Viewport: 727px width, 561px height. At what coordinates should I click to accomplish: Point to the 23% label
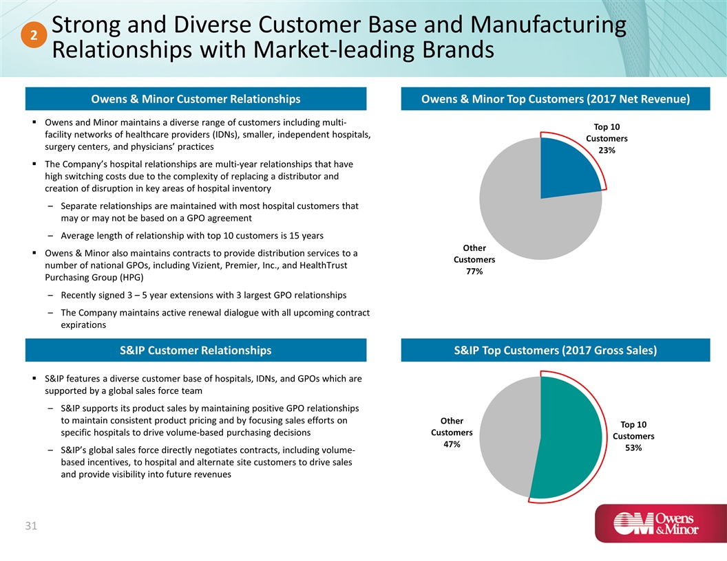607,151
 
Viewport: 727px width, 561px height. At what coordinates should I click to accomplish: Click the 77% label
474,272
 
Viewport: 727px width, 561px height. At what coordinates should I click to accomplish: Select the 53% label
633,448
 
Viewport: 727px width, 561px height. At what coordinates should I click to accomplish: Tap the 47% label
451,444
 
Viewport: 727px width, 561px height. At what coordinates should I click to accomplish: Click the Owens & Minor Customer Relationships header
196,99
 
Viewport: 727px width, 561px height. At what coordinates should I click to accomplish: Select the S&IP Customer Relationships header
196,351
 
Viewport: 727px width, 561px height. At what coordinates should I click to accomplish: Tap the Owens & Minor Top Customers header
556,99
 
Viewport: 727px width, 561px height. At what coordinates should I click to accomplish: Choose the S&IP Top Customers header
556,351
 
